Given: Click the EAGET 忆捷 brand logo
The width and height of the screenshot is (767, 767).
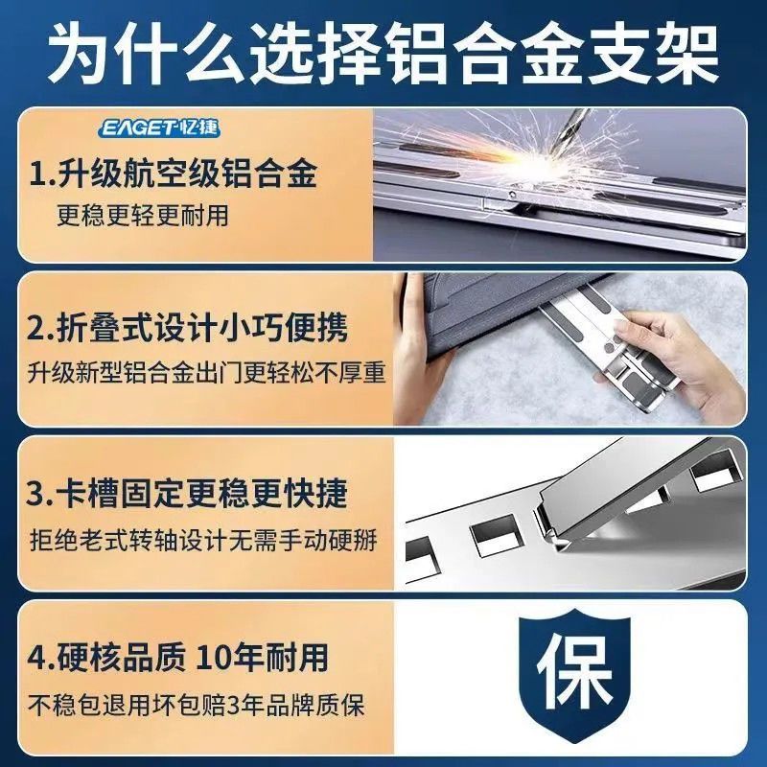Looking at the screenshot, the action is [160, 128].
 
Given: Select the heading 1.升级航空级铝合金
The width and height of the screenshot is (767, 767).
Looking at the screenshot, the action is [173, 173].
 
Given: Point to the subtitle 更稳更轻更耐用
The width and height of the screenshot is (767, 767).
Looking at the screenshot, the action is [143, 215].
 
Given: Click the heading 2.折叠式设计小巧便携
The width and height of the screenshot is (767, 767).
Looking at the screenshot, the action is [187, 327].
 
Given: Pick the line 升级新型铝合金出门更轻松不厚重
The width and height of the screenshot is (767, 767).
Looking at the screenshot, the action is [206, 373].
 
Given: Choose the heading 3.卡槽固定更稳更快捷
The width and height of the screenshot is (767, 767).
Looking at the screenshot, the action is [186, 493].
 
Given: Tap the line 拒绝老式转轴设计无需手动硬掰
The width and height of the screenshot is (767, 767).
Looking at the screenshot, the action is [203, 541].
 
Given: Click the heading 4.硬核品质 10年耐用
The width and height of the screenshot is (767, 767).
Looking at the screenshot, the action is [177, 657].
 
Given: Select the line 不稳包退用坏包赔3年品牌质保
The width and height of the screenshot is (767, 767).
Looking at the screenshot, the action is [197, 706].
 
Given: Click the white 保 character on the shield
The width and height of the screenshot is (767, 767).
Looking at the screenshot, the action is [574, 670].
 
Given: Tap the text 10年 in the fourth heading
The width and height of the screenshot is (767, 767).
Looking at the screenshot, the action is [227, 657].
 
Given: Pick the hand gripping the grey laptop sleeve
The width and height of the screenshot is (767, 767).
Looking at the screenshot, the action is [426, 372].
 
